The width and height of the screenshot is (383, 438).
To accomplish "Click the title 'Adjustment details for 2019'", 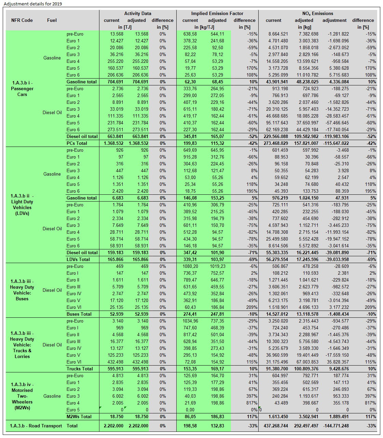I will [33, 4].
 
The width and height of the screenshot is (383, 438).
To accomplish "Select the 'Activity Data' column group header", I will [137, 13].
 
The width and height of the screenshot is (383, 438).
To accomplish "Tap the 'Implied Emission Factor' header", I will [217, 13].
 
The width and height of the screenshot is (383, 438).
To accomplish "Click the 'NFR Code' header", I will [22, 20].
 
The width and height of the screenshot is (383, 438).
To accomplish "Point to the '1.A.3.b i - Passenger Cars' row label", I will [22, 88].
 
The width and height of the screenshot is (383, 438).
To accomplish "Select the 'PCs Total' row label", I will [77, 143].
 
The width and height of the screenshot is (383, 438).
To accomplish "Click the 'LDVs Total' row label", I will [78, 259].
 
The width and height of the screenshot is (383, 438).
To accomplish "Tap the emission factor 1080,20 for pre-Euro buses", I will [190, 266].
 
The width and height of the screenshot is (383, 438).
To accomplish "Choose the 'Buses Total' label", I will [79, 314].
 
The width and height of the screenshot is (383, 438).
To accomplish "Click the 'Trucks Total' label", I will [80, 369].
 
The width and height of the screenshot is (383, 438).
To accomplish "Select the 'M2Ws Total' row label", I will [79, 416].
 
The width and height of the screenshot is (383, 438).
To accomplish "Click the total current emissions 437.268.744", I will [276, 426].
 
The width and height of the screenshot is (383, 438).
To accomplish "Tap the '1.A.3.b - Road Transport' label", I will [36, 426].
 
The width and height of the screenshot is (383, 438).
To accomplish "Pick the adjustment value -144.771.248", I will [333, 426].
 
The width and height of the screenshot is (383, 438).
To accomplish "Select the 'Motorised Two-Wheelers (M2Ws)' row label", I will [22, 396].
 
